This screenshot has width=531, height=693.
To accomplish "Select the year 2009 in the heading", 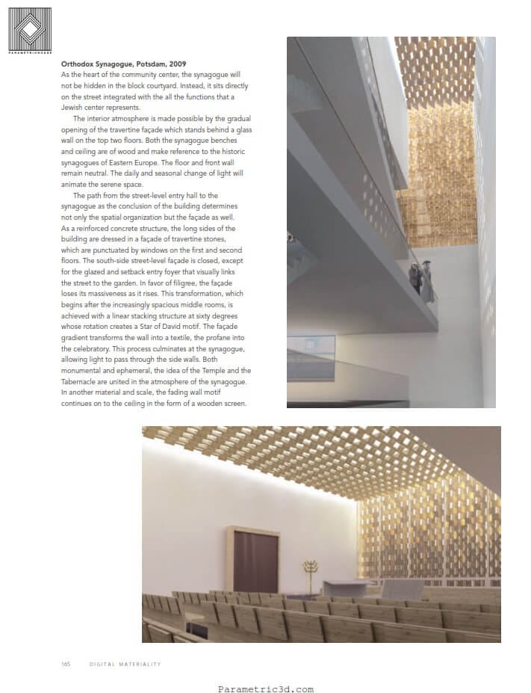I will pos(176,65).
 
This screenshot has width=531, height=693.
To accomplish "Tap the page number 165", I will pos(66,663).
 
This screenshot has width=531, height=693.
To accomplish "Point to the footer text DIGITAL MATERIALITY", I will pos(125,663).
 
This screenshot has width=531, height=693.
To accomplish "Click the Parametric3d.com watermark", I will pos(265,689).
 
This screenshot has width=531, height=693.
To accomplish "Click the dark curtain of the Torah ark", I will pos(255,560).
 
